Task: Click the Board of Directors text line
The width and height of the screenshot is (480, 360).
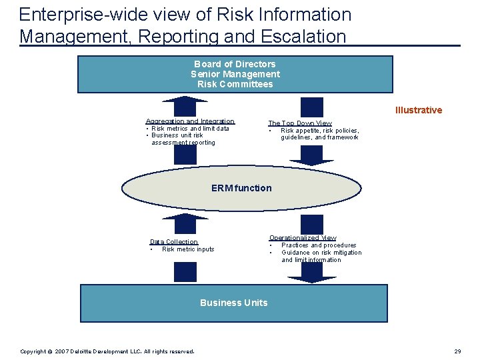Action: click(235, 64)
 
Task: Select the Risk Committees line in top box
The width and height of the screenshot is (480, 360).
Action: click(235, 84)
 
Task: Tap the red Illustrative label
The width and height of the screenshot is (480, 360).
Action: click(418, 110)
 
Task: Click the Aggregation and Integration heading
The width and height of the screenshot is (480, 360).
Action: click(190, 121)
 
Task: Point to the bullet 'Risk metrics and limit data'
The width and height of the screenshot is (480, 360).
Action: click(190, 129)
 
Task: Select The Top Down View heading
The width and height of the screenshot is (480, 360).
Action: click(299, 123)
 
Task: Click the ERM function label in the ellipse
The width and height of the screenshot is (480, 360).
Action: click(241, 188)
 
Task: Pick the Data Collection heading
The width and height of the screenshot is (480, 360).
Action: click(173, 242)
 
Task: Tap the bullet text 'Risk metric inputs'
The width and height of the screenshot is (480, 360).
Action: click(188, 249)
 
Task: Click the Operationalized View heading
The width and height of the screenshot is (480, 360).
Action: click(302, 237)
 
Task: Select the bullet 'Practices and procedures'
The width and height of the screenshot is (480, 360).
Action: click(319, 245)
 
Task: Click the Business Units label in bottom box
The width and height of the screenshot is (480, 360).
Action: click(233, 303)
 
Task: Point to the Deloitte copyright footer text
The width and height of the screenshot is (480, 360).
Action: click(107, 351)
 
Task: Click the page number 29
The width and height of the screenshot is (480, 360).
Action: click(457, 351)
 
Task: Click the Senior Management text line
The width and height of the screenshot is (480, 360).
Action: click(235, 74)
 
